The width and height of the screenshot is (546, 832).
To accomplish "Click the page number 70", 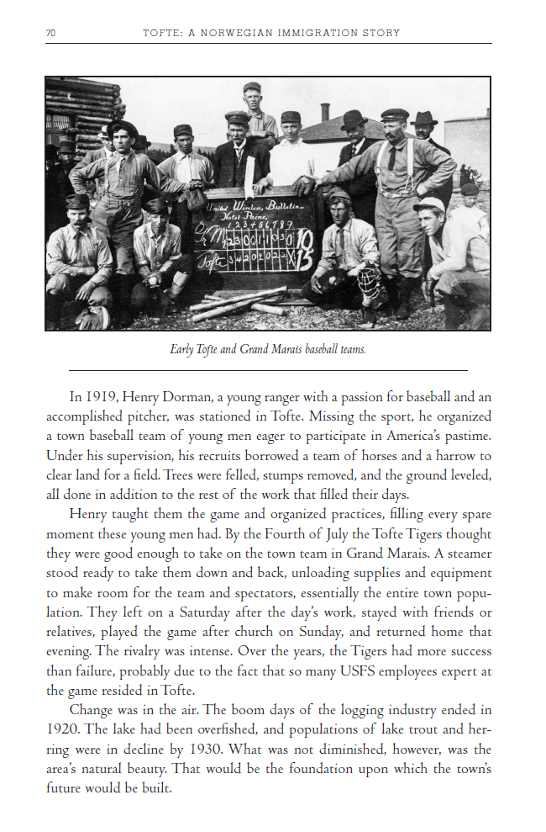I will click(x=50, y=33).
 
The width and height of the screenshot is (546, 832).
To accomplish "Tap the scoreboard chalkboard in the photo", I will click(x=251, y=237).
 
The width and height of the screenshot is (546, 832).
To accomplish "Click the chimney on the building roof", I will click(x=325, y=113).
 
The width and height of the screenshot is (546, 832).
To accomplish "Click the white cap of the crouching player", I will click(x=429, y=204).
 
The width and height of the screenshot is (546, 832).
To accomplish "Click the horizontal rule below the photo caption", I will click(x=267, y=370).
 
